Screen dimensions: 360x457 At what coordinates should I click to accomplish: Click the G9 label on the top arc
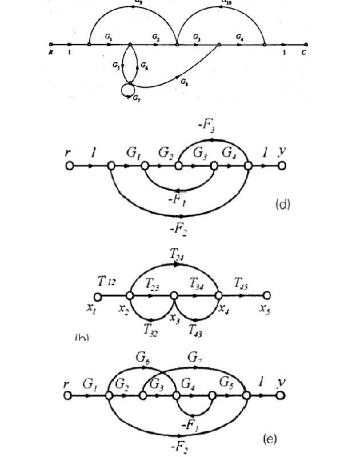point(139,2)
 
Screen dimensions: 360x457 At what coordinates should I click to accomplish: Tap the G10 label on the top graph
point(227,2)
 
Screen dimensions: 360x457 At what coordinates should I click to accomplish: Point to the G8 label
point(184,82)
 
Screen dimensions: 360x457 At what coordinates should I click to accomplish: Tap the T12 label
point(107,281)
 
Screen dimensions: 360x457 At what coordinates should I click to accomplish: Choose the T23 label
point(153,283)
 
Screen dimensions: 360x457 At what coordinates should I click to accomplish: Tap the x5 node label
point(265,310)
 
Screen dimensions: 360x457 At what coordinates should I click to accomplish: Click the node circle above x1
point(97,296)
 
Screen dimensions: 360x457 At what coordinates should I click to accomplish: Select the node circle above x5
point(266,296)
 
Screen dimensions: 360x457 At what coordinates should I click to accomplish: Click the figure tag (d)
point(282,204)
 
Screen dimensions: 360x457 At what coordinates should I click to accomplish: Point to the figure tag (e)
point(269,438)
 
